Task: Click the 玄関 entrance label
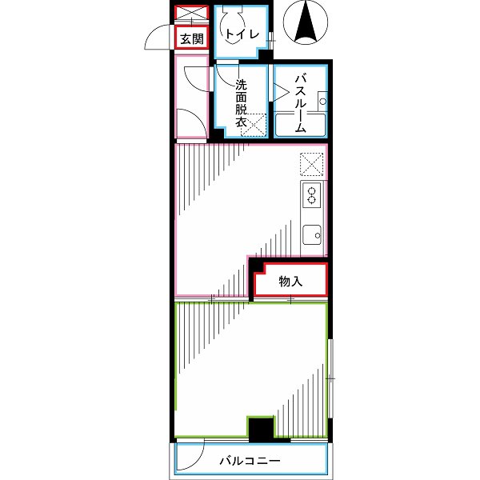pos(190,38)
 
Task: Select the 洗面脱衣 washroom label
pos(240,103)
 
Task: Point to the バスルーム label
pos(301,103)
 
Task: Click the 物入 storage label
pos(290,282)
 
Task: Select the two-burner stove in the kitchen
pos(312,194)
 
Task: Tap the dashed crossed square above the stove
pos(312,164)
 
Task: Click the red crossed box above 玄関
pos(190,14)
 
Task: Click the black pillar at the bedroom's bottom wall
pos(260,430)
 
